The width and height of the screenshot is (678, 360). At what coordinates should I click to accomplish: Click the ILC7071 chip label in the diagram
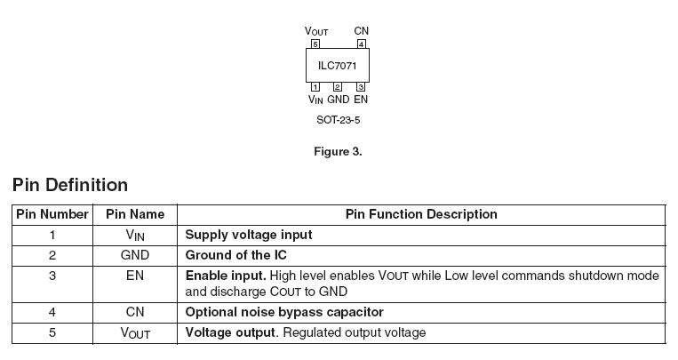(x=338, y=65)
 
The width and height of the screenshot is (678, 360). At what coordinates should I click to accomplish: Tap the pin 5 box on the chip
(x=315, y=44)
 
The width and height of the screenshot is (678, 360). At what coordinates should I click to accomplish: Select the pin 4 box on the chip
(x=361, y=44)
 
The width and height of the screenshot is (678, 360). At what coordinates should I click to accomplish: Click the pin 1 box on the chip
(x=315, y=87)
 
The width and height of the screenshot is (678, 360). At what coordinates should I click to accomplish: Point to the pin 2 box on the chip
(x=338, y=87)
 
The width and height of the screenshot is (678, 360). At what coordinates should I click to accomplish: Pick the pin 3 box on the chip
(x=361, y=87)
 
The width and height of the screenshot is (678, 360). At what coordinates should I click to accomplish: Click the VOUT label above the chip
(x=316, y=32)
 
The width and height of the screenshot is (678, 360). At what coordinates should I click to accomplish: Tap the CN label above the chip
(x=361, y=31)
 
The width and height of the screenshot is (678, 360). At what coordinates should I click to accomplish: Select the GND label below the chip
(x=338, y=100)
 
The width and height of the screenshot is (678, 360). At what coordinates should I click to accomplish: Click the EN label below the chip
(x=361, y=100)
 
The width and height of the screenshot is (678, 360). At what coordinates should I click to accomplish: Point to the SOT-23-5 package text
(x=338, y=120)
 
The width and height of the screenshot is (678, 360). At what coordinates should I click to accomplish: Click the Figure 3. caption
(x=338, y=152)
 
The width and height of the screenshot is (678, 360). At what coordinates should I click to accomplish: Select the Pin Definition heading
(x=70, y=185)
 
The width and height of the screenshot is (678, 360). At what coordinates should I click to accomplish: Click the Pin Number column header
(x=52, y=214)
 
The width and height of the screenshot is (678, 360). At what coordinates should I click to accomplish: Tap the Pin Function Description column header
(x=421, y=214)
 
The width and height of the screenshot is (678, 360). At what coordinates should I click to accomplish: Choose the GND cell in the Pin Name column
(x=135, y=255)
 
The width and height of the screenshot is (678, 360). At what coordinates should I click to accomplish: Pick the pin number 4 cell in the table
(x=52, y=312)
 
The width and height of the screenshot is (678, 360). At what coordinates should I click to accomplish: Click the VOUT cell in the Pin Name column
(x=135, y=333)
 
